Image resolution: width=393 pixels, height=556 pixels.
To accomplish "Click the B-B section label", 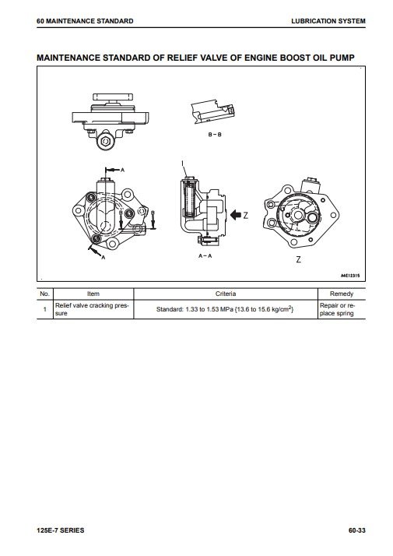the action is pyautogui.click(x=215, y=135).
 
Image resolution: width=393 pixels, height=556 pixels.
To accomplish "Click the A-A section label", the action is pyautogui.click(x=205, y=255).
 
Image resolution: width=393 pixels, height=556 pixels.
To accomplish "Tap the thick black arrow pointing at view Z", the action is pyautogui.click(x=236, y=214).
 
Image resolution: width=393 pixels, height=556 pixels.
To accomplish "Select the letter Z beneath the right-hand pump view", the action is pyautogui.click(x=298, y=259).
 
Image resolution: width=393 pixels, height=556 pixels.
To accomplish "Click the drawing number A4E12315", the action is pyautogui.click(x=350, y=276).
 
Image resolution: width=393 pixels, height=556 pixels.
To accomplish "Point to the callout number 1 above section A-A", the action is pyautogui.click(x=183, y=164).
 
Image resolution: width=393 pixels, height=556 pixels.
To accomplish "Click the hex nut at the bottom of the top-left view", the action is pyautogui.click(x=105, y=142).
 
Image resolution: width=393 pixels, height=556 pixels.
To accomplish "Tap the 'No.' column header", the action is pyautogui.click(x=44, y=294).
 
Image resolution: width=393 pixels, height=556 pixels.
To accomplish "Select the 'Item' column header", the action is pyautogui.click(x=93, y=294).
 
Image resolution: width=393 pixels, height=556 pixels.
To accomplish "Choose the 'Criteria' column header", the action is pyautogui.click(x=226, y=294).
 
